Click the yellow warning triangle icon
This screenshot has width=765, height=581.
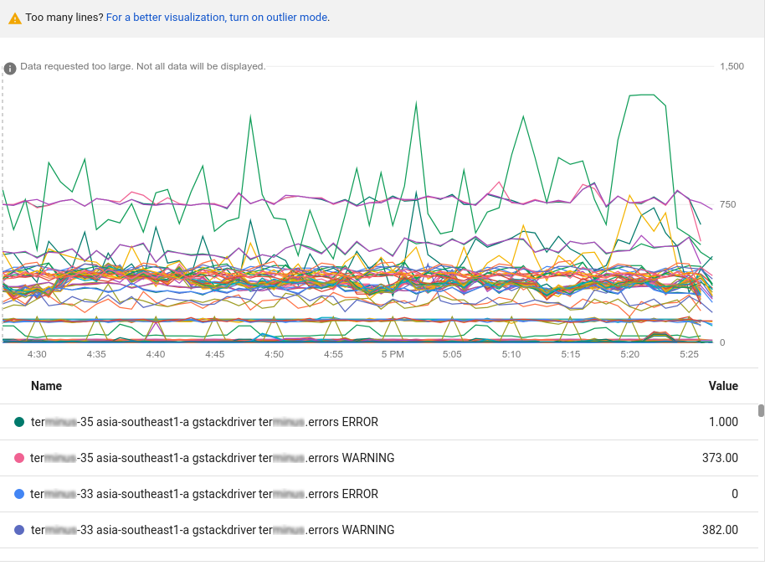(x=15, y=18)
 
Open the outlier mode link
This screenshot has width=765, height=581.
(x=217, y=18)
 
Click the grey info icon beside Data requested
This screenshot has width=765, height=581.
(x=10, y=68)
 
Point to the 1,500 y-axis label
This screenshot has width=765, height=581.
(x=732, y=66)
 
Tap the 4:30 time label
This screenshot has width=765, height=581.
(x=37, y=354)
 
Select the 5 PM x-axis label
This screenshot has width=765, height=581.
(x=393, y=354)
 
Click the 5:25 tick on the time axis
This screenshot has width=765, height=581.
(x=689, y=354)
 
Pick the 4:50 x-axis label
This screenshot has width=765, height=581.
(x=274, y=354)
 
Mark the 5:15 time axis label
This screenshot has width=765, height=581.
(x=571, y=354)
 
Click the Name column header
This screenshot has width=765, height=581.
(x=46, y=386)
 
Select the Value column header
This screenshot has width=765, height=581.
(x=723, y=386)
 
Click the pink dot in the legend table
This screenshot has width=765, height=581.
(x=19, y=458)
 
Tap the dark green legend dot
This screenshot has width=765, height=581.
(x=19, y=422)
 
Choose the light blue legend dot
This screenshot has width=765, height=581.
(x=19, y=494)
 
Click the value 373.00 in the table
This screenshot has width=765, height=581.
(x=720, y=458)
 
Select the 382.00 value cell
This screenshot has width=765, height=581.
(x=720, y=530)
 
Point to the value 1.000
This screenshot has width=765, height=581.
(x=723, y=422)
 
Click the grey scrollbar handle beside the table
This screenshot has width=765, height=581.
(x=761, y=410)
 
